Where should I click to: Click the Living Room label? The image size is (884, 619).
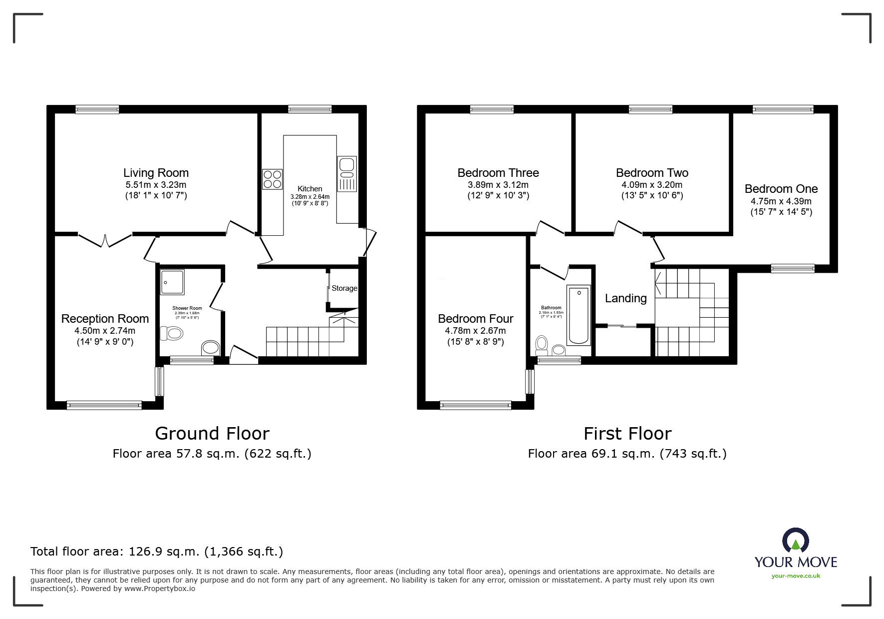point(156,173)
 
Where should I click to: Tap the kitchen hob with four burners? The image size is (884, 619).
point(272,179)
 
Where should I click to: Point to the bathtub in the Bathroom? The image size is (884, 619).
point(579,315)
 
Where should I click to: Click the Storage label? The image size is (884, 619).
point(344,288)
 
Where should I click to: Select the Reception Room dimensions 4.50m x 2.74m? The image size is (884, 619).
point(105,331)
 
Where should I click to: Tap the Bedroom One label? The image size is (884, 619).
point(781,189)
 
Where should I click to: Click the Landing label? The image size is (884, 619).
point(625,298)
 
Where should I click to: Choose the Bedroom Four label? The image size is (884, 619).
point(475,319)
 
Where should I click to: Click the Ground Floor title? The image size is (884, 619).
point(212,433)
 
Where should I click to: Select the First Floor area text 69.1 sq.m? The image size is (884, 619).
point(627,454)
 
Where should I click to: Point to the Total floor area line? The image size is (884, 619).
point(157,552)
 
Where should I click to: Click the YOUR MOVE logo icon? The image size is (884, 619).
point(795,541)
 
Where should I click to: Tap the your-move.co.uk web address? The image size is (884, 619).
point(796,576)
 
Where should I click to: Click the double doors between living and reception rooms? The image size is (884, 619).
point(105,240)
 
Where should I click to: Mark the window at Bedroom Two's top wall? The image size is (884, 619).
point(650,109)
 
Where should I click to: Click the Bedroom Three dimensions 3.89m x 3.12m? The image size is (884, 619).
point(498,185)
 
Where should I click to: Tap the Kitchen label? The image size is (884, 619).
point(309,189)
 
